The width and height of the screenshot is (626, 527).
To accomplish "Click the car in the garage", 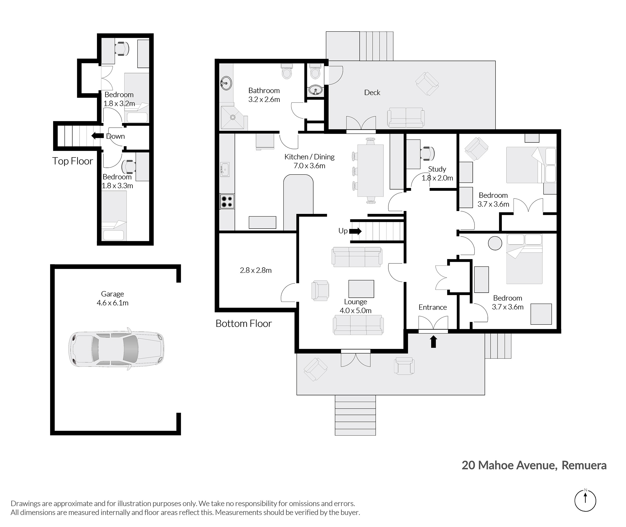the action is (x=116, y=349).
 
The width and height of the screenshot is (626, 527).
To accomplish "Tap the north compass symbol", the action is (x=585, y=501).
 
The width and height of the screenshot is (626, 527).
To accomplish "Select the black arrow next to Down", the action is (x=97, y=136).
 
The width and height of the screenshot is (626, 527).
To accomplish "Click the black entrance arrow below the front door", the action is (x=433, y=341).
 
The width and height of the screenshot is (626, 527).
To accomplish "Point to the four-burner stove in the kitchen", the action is (x=227, y=201).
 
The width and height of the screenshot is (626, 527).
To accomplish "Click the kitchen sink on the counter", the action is (x=225, y=170).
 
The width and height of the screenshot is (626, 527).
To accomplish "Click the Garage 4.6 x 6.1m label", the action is (x=112, y=298).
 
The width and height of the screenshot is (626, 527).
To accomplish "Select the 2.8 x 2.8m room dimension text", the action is (x=256, y=270).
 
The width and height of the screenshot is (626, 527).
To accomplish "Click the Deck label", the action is (x=372, y=93).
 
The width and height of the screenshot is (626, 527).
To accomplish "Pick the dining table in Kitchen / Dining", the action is (x=371, y=170).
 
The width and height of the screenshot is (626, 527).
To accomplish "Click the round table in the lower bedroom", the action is (x=495, y=243).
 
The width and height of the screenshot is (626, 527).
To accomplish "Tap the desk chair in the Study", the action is (x=428, y=153).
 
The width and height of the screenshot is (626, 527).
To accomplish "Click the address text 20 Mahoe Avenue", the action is (x=509, y=465).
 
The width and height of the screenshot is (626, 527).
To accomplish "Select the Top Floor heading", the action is (x=73, y=161).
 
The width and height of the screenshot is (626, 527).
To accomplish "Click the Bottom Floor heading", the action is (x=244, y=323).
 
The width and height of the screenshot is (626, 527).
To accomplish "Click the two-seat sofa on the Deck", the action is (x=406, y=117).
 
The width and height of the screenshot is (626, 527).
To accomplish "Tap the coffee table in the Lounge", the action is (x=361, y=289).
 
